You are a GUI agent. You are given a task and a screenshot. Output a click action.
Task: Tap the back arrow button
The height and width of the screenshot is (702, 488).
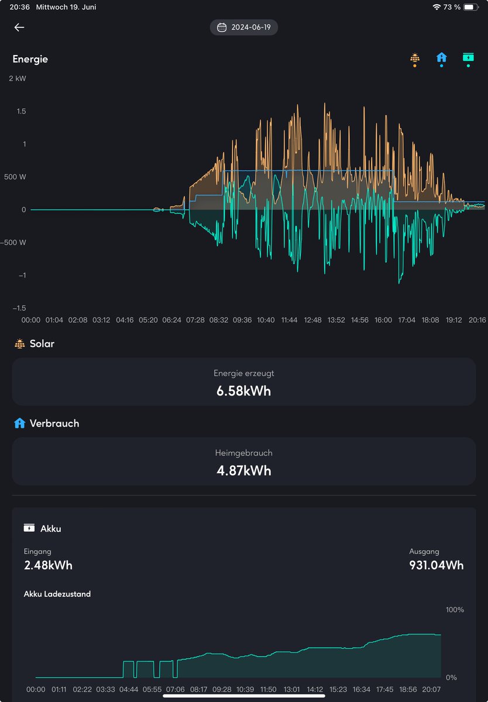pos(19,27)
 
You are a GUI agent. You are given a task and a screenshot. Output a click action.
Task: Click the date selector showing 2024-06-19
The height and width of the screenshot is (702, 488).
pos(244,27)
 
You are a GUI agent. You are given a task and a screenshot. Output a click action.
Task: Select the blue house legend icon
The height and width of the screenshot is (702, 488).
pos(441,58)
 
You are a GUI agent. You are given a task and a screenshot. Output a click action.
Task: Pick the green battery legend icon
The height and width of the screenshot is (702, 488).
pos(468,58)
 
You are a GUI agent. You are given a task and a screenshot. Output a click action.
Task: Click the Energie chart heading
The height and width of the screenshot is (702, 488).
pos(30,59)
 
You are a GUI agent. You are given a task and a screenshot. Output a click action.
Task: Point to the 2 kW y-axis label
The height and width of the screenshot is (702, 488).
pos(18,78)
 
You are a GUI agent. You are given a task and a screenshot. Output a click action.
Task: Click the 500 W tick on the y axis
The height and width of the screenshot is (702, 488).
pos(16,177)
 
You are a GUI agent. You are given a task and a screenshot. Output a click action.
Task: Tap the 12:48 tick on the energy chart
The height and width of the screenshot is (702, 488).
pos(313,320)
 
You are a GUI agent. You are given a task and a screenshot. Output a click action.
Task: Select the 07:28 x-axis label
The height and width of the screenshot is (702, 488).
pos(195,320)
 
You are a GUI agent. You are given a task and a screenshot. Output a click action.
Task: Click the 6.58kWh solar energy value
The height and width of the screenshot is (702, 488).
pos(244,391)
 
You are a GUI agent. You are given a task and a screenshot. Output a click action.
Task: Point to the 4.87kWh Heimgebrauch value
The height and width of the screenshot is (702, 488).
pos(244,470)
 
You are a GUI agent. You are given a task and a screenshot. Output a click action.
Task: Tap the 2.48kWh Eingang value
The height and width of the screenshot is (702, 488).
pos(48,565)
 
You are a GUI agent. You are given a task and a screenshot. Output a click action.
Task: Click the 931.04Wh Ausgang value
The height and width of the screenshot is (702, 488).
pos(436,565)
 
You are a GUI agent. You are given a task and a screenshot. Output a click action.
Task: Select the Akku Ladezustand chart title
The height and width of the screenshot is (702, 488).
pos(57,594)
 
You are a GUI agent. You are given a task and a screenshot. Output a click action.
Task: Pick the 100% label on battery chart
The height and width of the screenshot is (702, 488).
pos(455,610)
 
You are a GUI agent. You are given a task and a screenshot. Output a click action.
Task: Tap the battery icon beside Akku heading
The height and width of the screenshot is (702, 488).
pos(29,528)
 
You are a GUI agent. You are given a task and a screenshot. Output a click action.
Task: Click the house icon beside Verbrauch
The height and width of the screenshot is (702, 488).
pos(19,423)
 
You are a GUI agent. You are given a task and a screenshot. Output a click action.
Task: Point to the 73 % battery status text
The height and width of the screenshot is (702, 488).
pos(452,7)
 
